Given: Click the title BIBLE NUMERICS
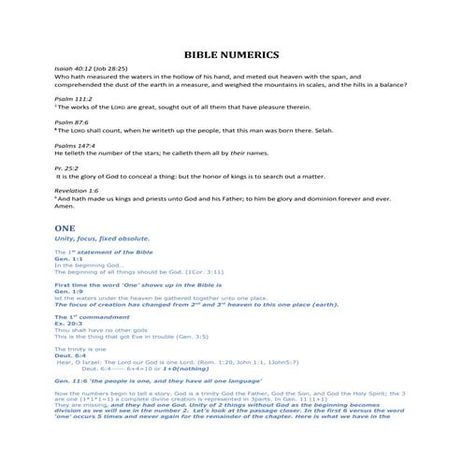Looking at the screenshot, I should pyautogui.click(x=231, y=55).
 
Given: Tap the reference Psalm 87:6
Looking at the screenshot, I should pyautogui.click(x=69, y=123).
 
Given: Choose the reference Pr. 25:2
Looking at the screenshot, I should pyautogui.click(x=66, y=167).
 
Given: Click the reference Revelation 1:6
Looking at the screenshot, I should pyautogui.click(x=78, y=190).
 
